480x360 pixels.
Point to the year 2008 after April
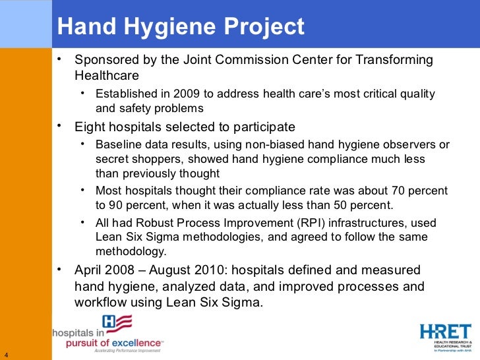[x=123, y=270]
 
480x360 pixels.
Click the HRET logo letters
[x=445, y=331]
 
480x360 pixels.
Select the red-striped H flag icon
[x=119, y=323]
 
